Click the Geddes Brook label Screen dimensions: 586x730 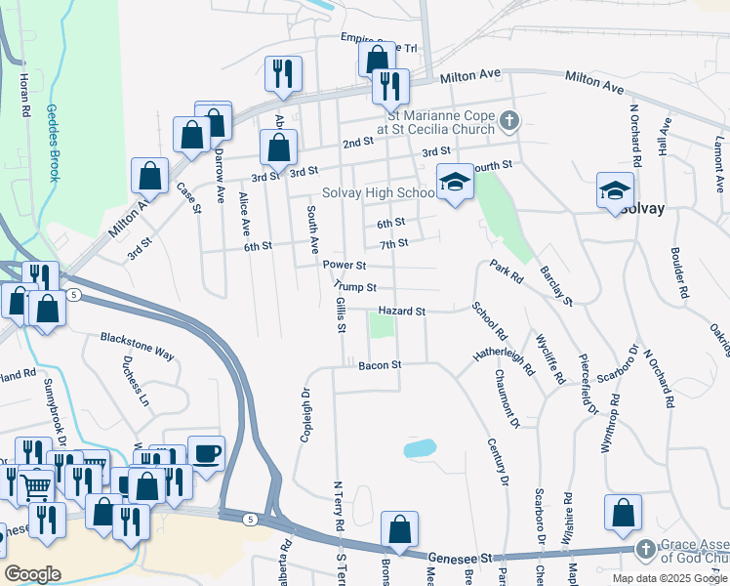[54, 144]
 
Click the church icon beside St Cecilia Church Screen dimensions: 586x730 [507, 122]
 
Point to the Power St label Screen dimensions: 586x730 [344, 265]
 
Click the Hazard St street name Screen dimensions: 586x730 [402, 311]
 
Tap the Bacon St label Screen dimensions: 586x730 [380, 365]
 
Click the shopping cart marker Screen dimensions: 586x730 [36, 484]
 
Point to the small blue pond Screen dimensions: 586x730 [419, 448]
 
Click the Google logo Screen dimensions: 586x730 [32, 574]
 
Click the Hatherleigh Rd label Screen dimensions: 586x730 [504, 357]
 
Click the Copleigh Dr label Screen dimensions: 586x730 [305, 414]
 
